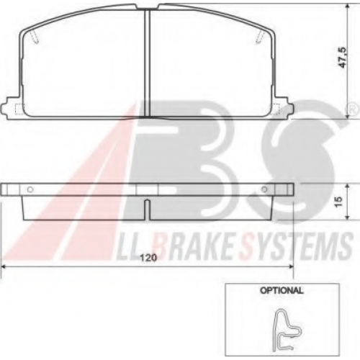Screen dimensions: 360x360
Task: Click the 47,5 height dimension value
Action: tap(343, 58)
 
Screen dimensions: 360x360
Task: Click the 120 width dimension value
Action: tap(148, 258)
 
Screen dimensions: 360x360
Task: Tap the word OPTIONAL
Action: tap(282, 290)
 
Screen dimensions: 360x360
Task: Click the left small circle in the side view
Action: tap(30, 189)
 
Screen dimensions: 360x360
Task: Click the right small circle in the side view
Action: tap(264, 189)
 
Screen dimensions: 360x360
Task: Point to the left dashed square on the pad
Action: tap(20, 109)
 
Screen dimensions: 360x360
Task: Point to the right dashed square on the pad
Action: tap(275, 109)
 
